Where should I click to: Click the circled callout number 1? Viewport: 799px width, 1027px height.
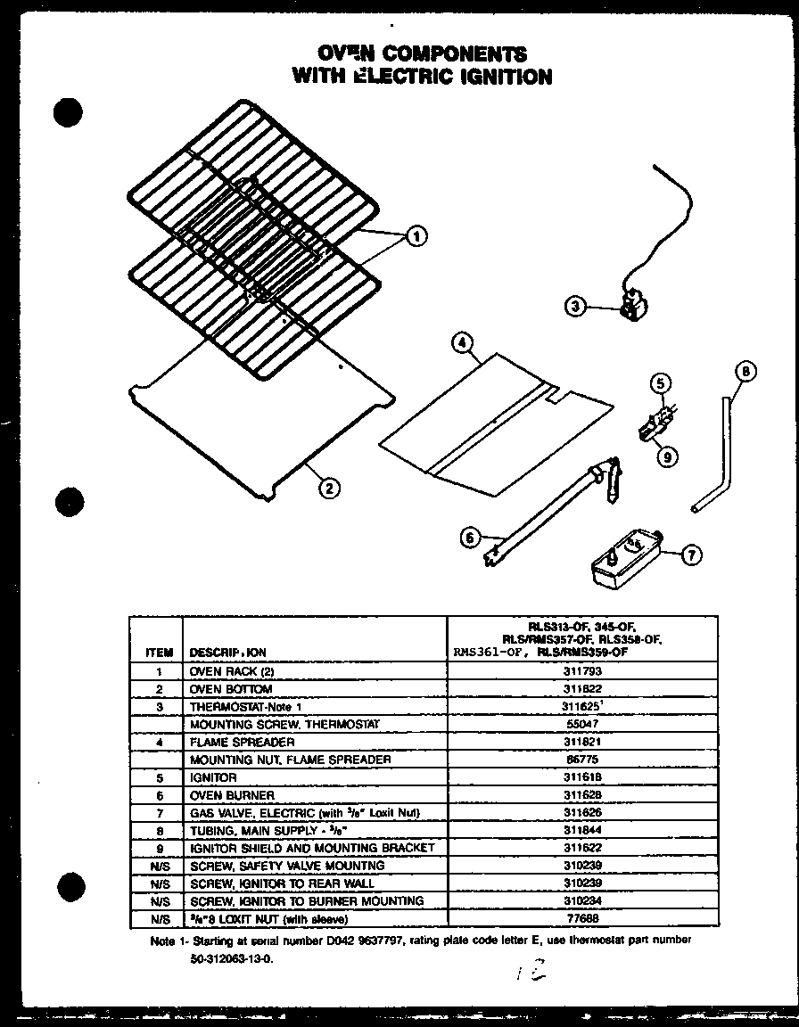tap(416, 236)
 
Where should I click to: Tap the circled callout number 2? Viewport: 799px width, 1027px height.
tap(329, 487)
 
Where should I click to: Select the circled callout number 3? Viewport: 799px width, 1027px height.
tap(576, 307)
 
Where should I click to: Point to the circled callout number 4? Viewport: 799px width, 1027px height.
tap(461, 342)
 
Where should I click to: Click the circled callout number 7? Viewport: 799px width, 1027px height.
tap(691, 555)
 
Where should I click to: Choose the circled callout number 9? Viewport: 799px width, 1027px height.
tap(665, 456)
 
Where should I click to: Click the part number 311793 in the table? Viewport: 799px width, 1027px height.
tap(581, 671)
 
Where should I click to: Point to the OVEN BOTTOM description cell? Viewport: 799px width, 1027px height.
tap(231, 689)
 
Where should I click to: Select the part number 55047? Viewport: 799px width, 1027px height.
tap(581, 724)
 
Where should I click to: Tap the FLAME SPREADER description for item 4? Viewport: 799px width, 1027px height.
tap(242, 742)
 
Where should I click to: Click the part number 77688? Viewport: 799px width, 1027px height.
tap(581, 918)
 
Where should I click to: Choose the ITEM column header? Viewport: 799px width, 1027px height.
tap(158, 653)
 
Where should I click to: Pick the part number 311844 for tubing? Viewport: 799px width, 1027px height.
tap(581, 830)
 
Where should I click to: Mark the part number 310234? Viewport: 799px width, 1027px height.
tap(581, 900)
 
